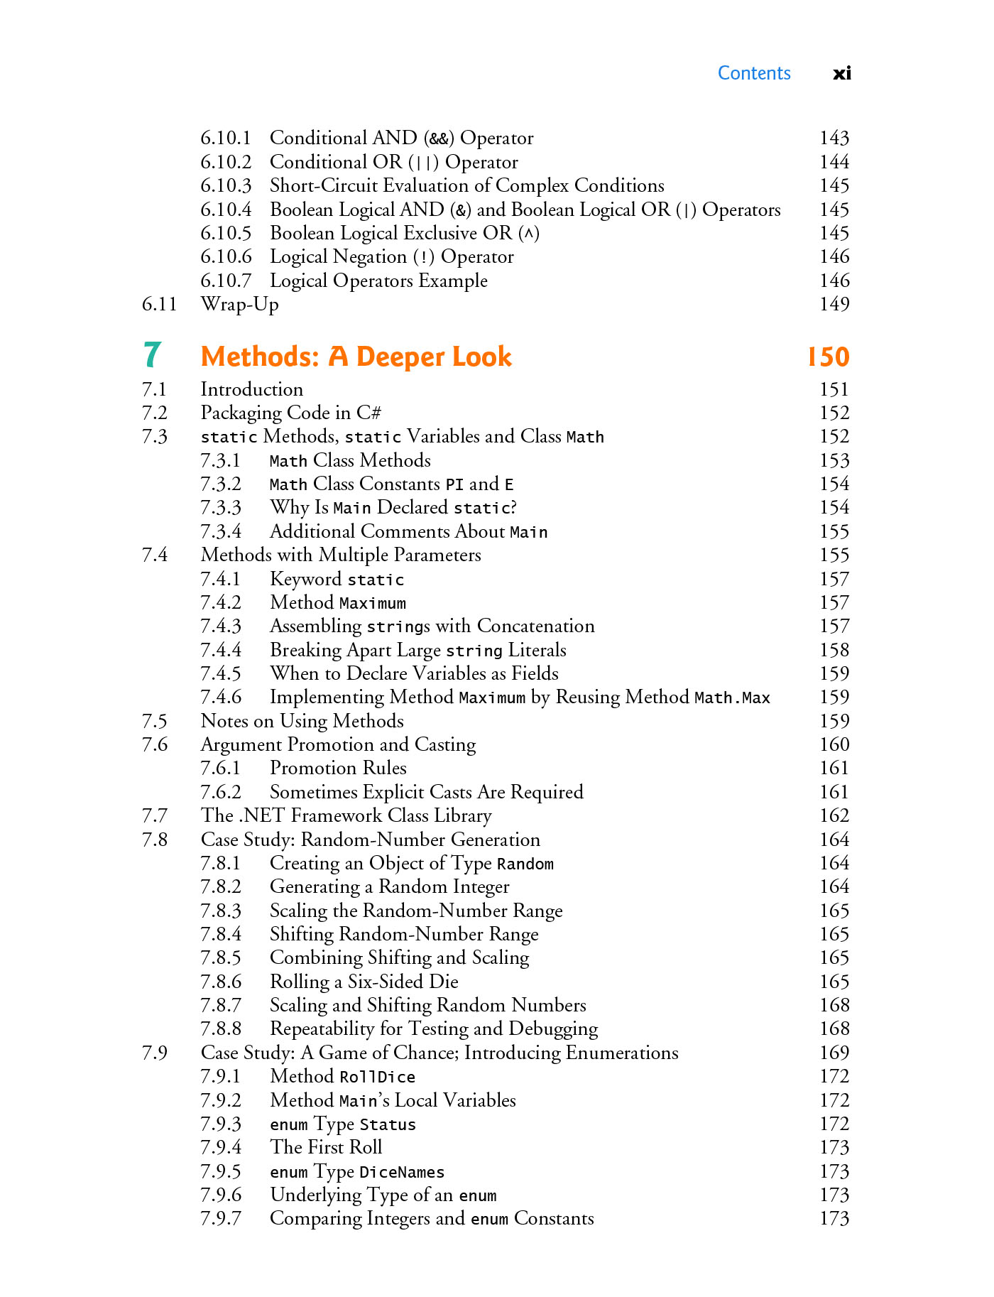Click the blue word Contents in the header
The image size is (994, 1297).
coord(753,73)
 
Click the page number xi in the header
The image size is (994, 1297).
coord(841,73)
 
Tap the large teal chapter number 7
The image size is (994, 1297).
coord(152,355)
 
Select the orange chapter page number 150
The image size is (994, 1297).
coord(828,357)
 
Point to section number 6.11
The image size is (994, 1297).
coord(159,304)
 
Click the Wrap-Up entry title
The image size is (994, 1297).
coord(239,304)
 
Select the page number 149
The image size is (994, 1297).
coord(834,304)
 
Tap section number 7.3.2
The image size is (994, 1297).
coord(220,484)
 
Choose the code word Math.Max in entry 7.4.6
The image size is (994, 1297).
coord(732,698)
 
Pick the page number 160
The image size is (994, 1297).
coord(834,744)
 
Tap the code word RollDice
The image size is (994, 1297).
coord(377,1077)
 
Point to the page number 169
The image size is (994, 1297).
coord(834,1053)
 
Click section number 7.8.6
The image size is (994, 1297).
coord(220,982)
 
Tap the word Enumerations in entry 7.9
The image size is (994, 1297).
coord(621,1053)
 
